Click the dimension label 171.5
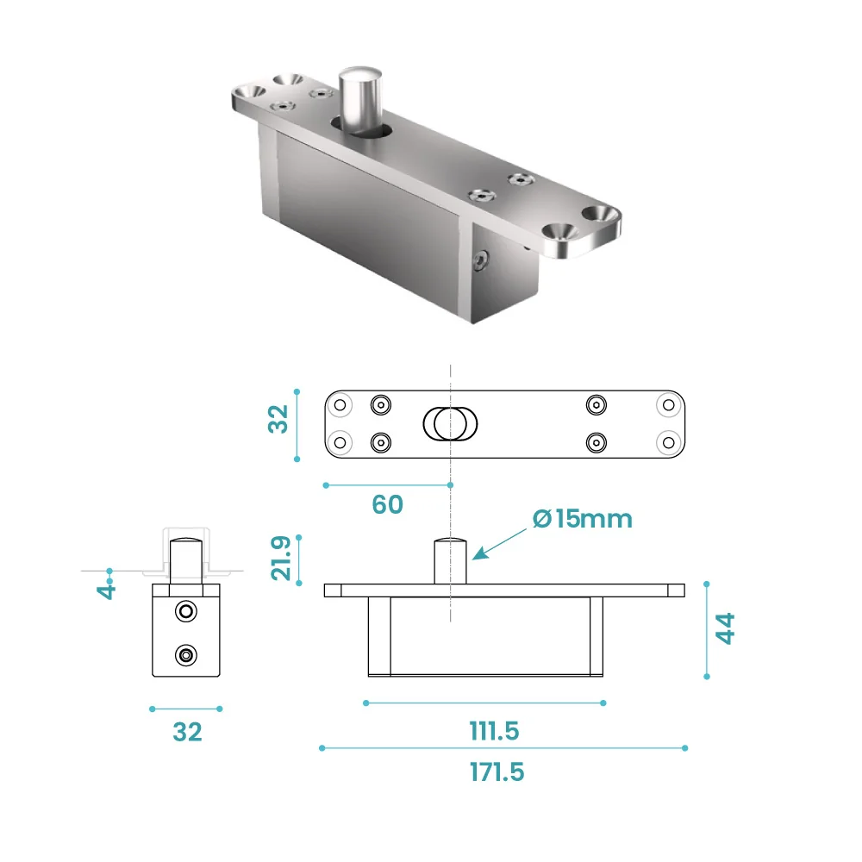[497, 771]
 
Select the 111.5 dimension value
[494, 731]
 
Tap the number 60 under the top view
[387, 504]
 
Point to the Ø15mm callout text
[582, 519]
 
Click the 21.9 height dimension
[281, 559]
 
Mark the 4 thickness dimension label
[106, 590]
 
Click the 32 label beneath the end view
[187, 732]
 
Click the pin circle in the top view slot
[447, 423]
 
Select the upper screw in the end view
[184, 611]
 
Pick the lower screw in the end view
[184, 655]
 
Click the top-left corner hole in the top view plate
[340, 404]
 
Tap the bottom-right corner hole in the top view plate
[668, 442]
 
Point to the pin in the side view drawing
[450, 560]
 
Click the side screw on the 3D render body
[481, 259]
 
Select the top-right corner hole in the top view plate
[668, 404]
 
